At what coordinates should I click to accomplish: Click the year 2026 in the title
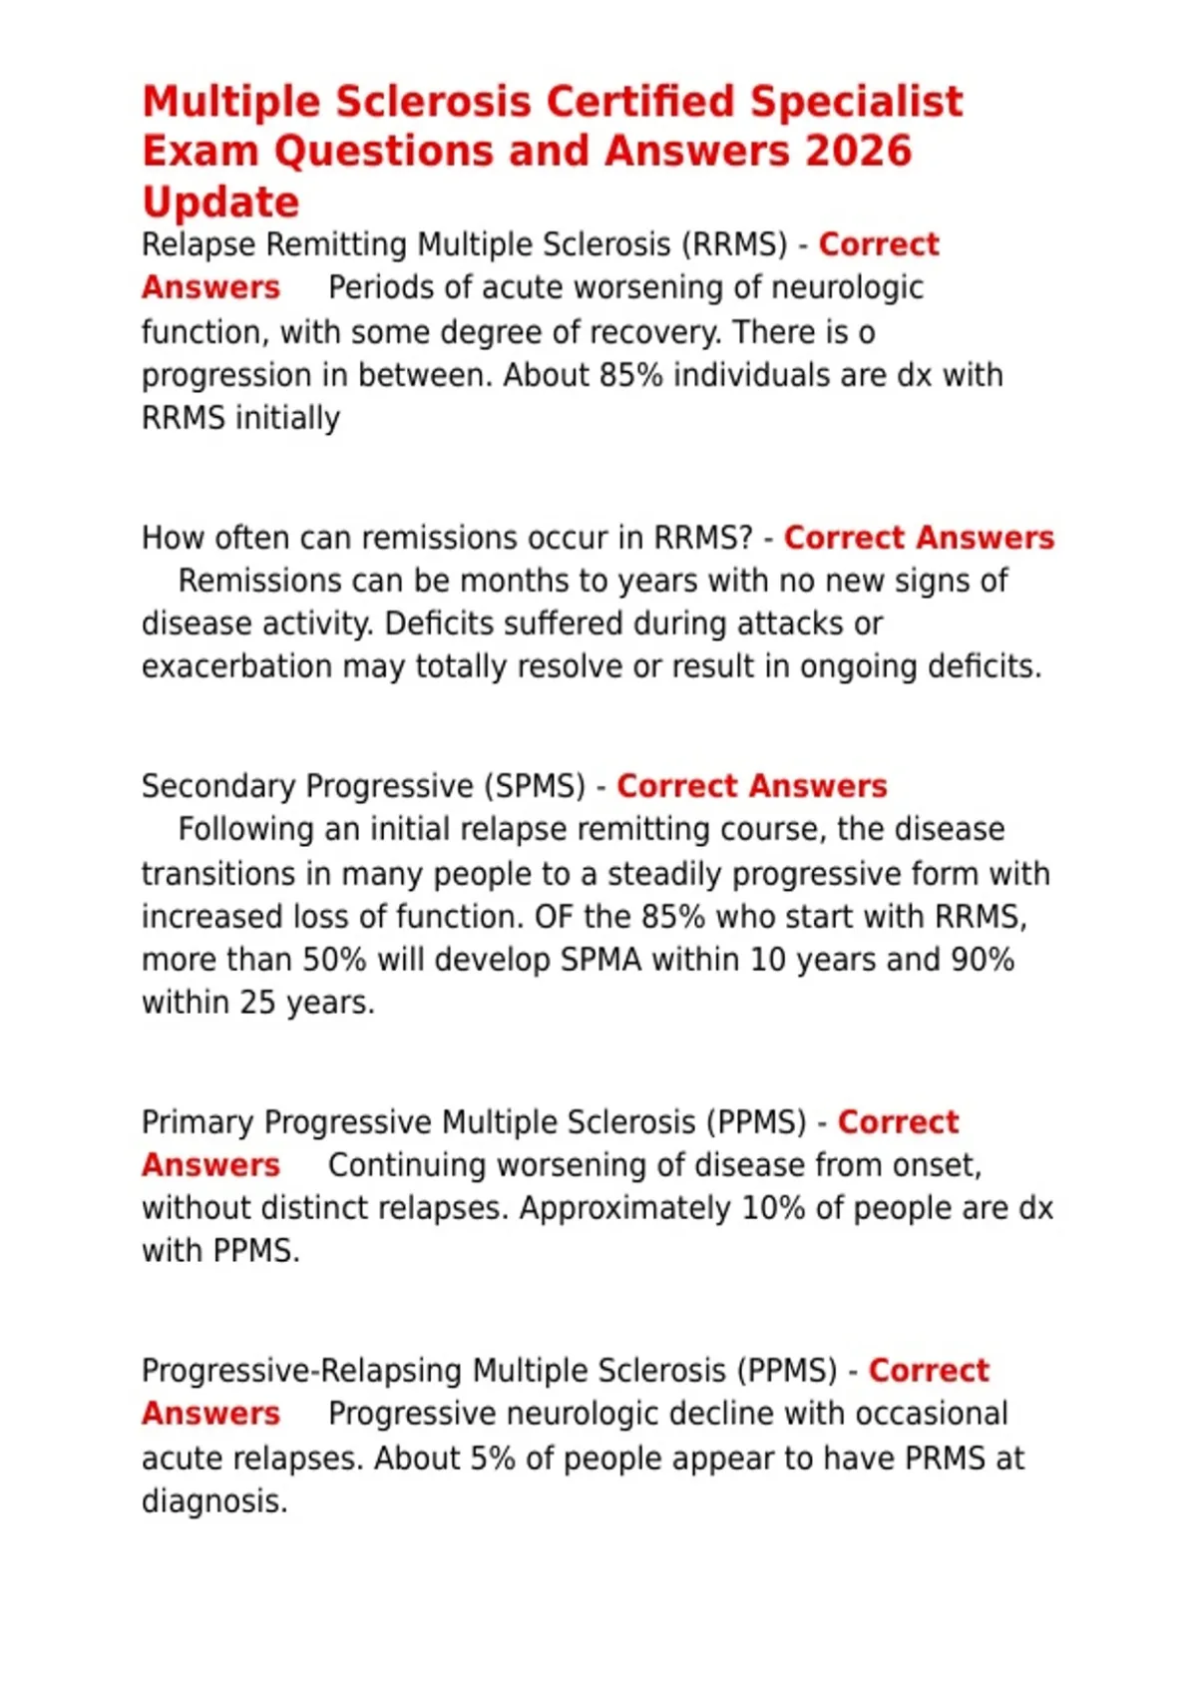(x=858, y=152)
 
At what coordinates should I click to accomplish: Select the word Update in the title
(x=220, y=203)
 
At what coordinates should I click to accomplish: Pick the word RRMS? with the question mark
(x=703, y=538)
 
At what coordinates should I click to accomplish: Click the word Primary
(x=198, y=1122)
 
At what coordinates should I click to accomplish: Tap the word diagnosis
(x=214, y=1501)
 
